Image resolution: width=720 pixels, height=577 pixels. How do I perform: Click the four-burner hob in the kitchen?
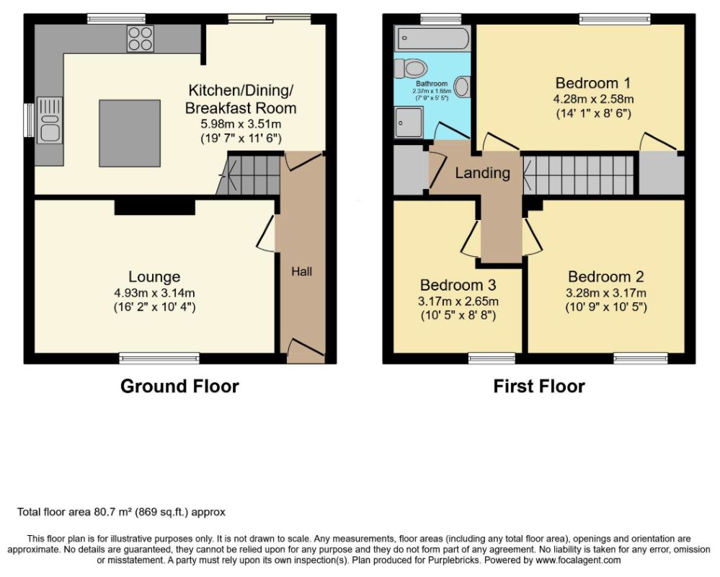tap(141, 39)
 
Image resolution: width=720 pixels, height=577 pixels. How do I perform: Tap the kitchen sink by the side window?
tap(50, 120)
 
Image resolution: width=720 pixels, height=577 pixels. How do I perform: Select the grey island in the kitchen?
tap(130, 133)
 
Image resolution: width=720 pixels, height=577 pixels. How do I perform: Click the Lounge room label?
tap(154, 276)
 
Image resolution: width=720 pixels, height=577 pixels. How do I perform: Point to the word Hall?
tap(302, 271)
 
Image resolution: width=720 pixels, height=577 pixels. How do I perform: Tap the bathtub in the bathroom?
tap(432, 38)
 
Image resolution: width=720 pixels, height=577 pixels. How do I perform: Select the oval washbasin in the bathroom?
tap(462, 87)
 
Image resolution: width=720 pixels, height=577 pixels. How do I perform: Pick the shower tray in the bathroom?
tap(409, 122)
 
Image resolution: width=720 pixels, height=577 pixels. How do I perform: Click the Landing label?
tap(483, 172)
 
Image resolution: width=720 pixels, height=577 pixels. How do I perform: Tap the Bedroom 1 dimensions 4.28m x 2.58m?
tap(593, 99)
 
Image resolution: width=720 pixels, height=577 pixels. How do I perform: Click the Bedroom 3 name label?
tap(458, 285)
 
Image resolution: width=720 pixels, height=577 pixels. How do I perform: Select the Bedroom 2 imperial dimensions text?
tap(606, 307)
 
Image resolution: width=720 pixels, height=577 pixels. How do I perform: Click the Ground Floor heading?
tap(179, 387)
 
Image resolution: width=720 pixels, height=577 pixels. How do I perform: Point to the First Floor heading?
tap(539, 387)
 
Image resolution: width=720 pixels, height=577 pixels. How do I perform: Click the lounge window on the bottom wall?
tap(159, 358)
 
